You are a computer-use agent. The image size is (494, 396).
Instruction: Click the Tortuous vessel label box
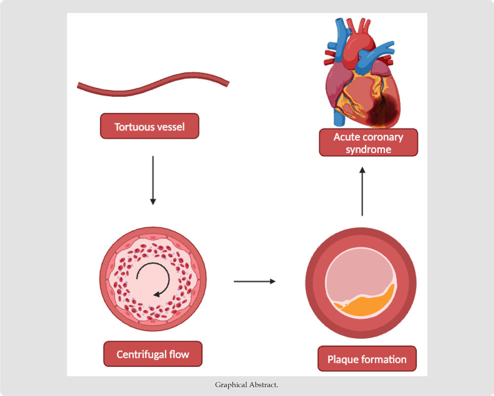[x=149, y=127]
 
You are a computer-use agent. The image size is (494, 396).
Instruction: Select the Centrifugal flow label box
[x=153, y=354]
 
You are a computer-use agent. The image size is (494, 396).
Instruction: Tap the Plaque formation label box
[x=367, y=359]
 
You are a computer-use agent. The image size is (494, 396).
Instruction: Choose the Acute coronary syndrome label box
[x=368, y=143]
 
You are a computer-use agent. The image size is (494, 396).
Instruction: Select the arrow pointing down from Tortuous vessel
[x=153, y=180]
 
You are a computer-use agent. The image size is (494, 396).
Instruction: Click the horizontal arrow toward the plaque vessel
[x=254, y=282]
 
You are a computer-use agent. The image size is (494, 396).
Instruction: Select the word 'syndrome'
[x=368, y=149]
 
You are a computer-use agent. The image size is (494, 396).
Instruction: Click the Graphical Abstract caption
[x=247, y=385]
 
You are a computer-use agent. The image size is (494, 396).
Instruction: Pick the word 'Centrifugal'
[x=141, y=354]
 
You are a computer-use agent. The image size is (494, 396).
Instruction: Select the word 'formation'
[x=384, y=359]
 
